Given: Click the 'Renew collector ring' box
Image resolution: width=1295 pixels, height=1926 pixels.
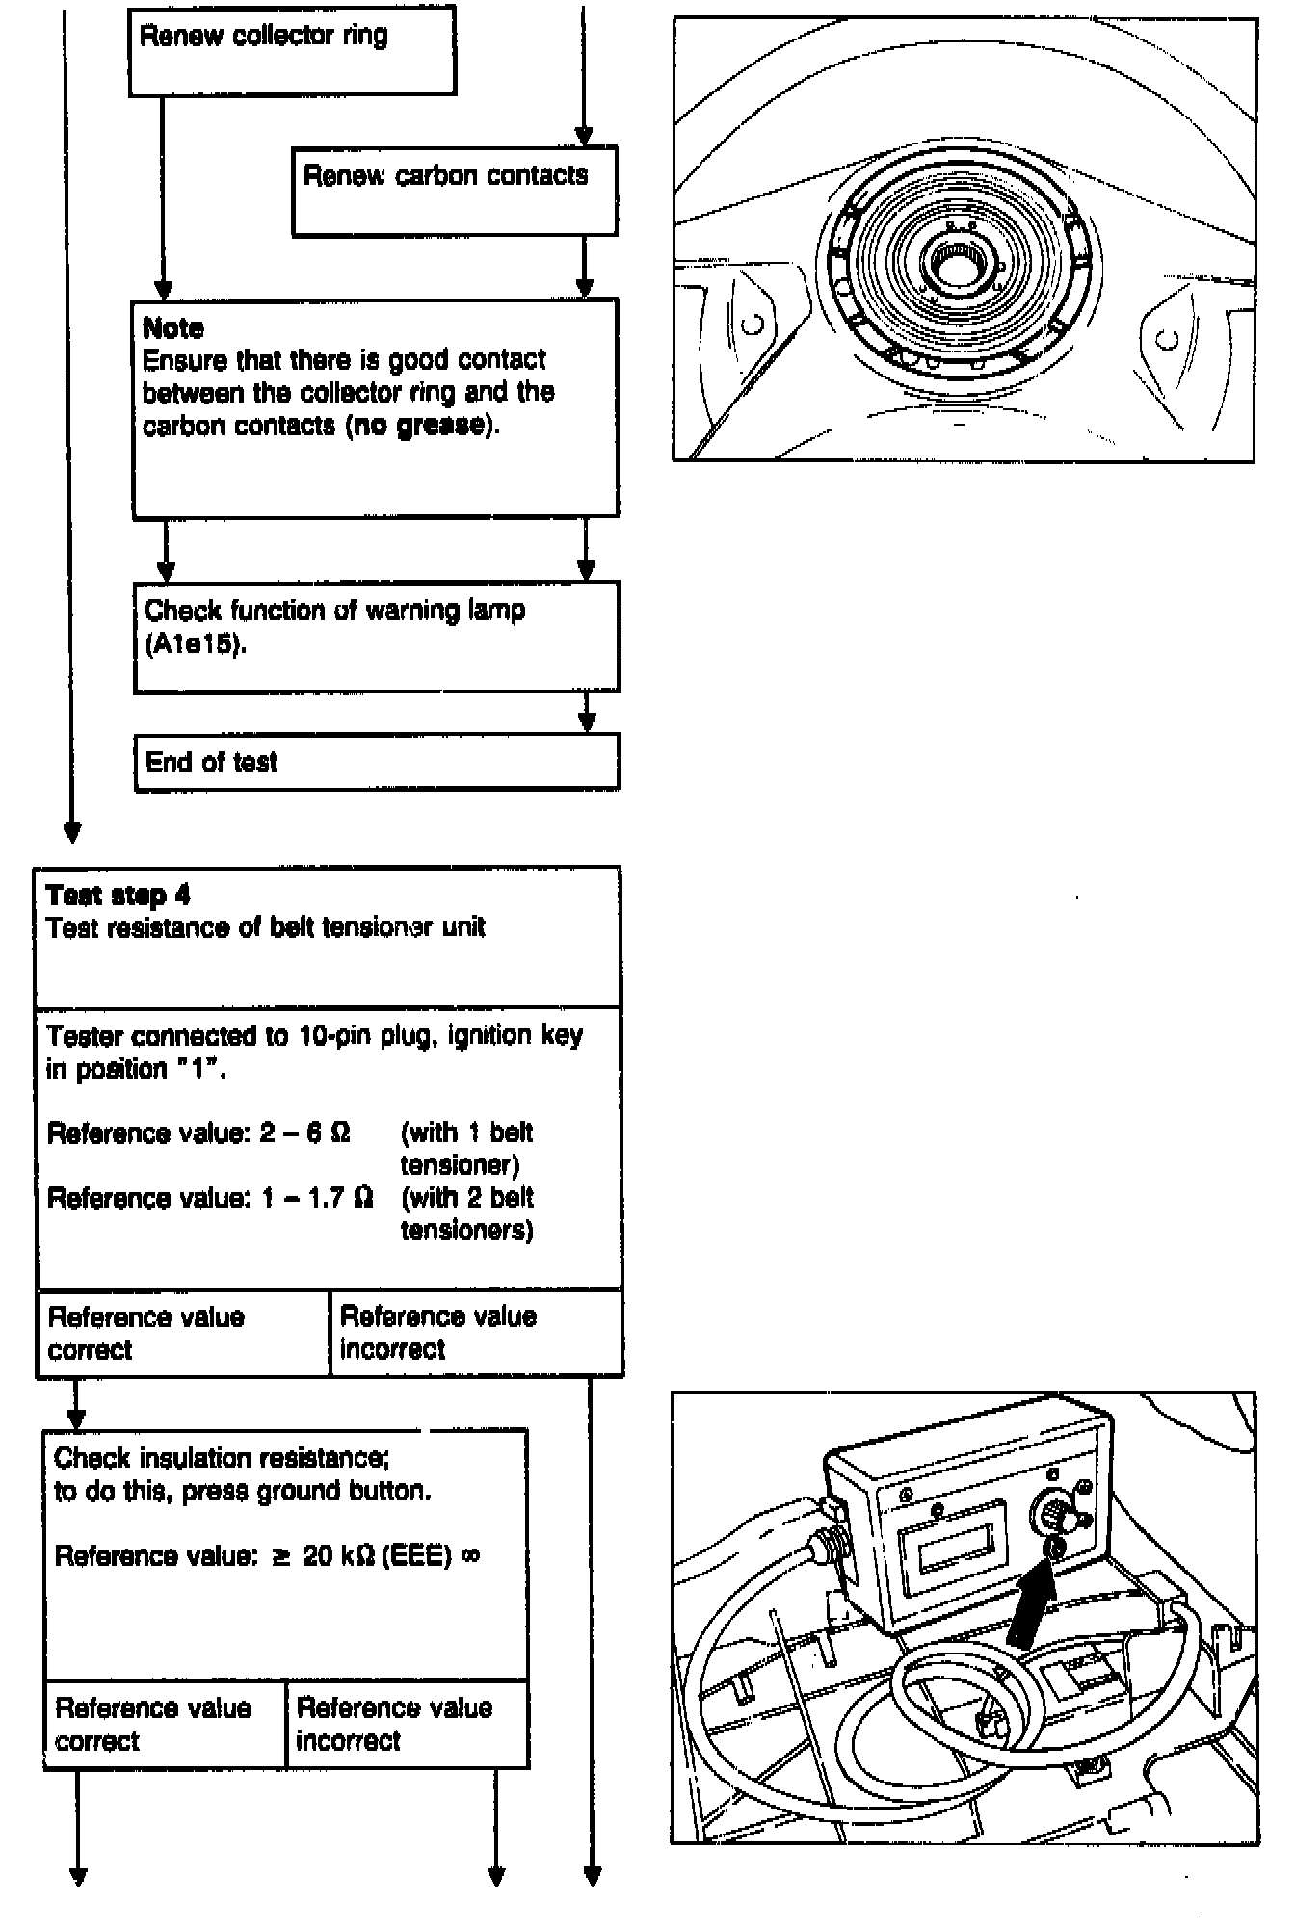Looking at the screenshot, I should [x=291, y=50].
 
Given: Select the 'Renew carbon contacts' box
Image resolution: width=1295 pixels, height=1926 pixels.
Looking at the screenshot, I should [x=454, y=191].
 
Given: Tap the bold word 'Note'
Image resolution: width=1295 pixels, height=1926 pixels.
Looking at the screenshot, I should [x=172, y=328].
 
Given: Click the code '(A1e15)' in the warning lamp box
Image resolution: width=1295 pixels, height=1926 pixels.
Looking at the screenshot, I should [x=196, y=643].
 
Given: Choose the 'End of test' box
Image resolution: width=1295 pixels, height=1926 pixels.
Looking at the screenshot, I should [x=376, y=762].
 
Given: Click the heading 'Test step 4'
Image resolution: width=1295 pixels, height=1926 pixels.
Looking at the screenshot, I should [x=118, y=896].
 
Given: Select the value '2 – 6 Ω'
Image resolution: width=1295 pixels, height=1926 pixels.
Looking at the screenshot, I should [x=304, y=1132].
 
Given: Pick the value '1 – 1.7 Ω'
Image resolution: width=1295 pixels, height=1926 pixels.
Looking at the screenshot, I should [x=317, y=1198].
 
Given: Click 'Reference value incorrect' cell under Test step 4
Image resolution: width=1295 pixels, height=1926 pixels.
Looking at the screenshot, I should [x=475, y=1333].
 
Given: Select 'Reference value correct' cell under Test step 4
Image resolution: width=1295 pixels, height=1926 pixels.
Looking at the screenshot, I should [x=182, y=1333].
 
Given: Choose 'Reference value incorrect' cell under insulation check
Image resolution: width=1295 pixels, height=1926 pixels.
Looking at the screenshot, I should [x=407, y=1725].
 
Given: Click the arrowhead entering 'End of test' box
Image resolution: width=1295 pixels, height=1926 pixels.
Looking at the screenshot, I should [x=586, y=724].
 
